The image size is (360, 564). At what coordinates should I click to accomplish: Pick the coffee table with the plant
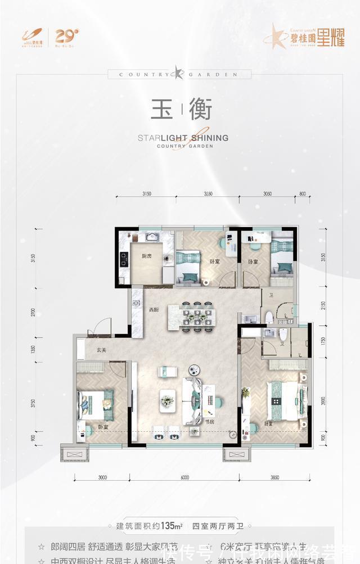click(x=167, y=400)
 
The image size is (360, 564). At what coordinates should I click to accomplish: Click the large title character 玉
click(x=161, y=110)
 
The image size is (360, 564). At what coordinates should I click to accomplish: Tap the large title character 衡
click(x=199, y=110)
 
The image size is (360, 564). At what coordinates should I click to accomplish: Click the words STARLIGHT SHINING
click(x=182, y=137)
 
